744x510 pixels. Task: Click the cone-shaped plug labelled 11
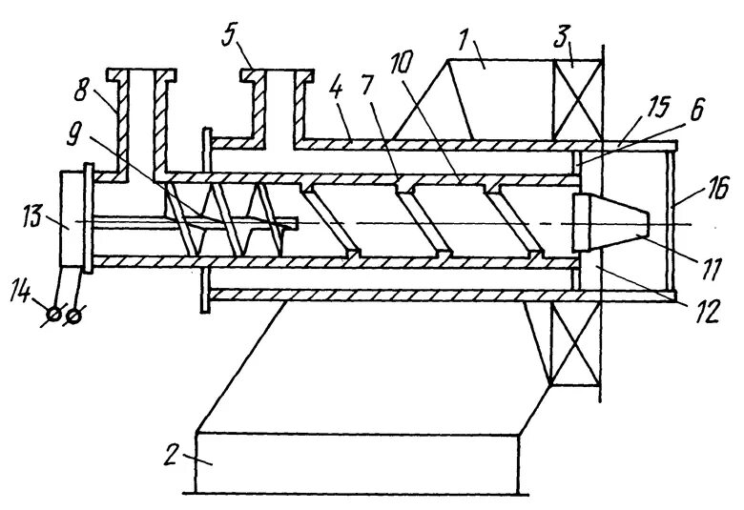point(610,222)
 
